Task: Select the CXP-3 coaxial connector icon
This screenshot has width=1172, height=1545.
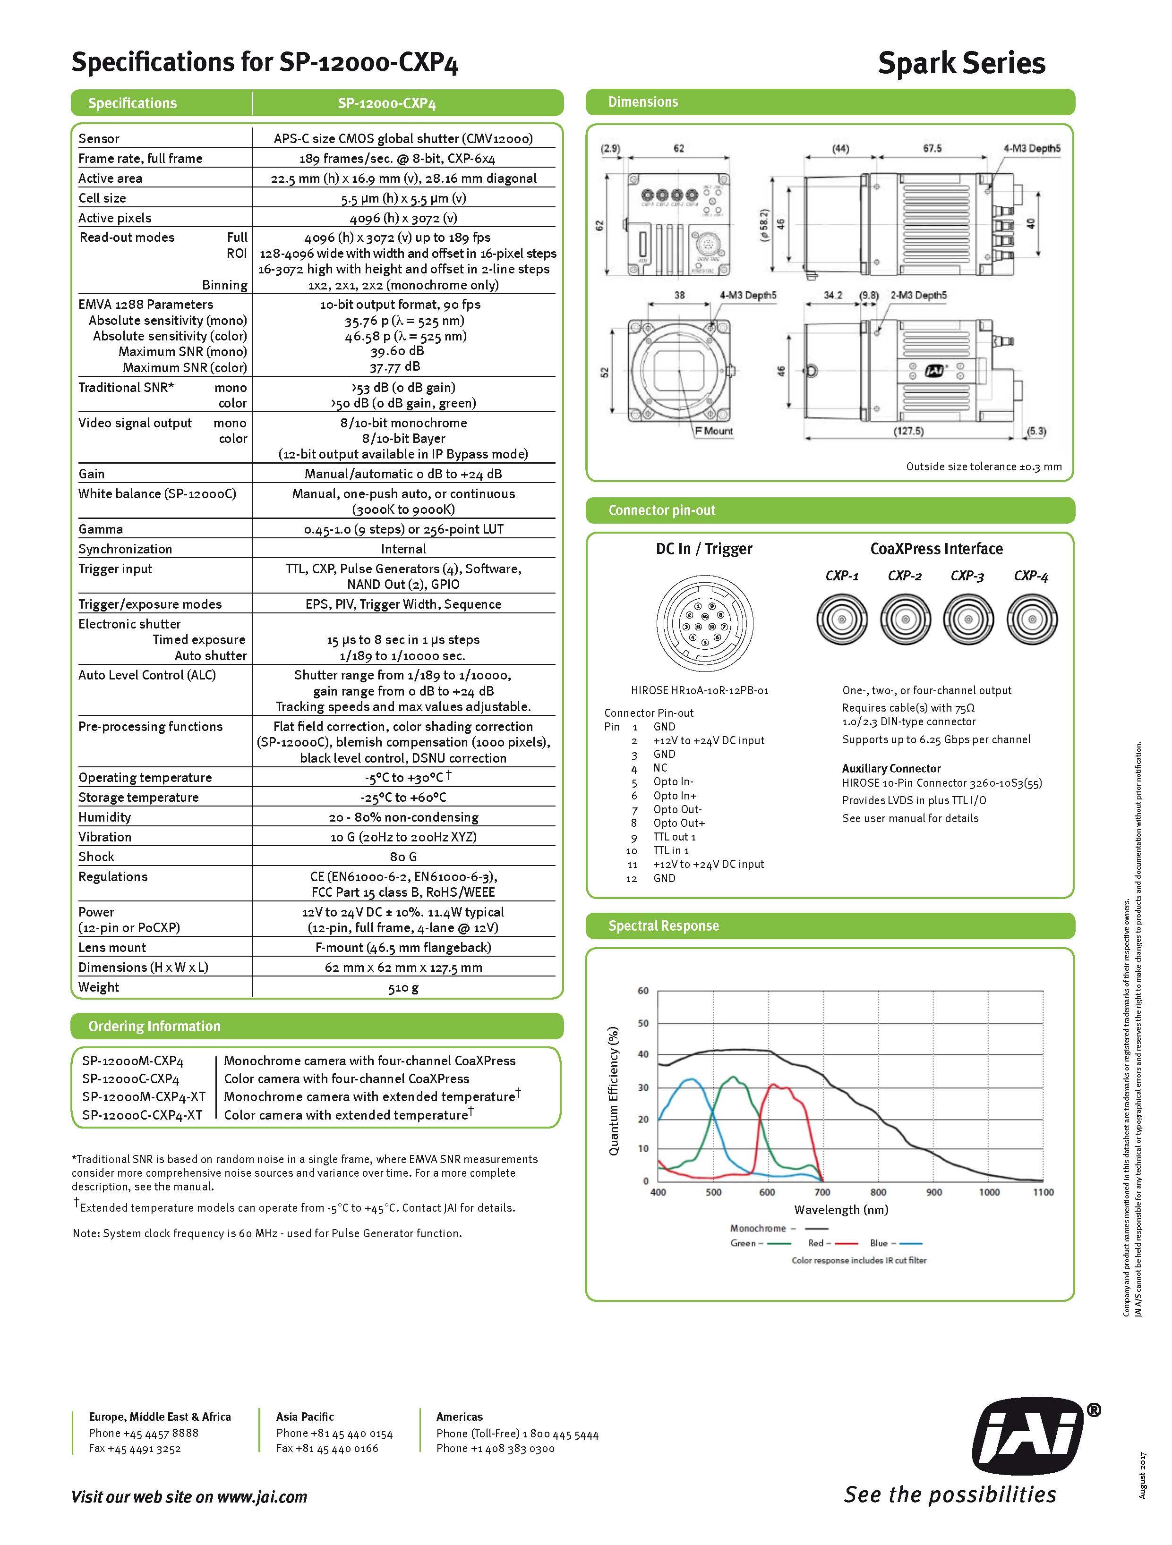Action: pyautogui.click(x=968, y=619)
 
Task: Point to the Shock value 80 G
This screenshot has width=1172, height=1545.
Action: pyautogui.click(x=403, y=857)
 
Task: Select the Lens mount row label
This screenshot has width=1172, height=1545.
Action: pyautogui.click(x=112, y=948)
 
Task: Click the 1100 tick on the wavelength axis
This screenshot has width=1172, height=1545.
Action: pyautogui.click(x=1043, y=1192)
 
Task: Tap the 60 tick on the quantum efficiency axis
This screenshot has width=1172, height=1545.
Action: pyautogui.click(x=643, y=991)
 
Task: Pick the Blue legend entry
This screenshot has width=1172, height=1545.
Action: pyautogui.click(x=895, y=1243)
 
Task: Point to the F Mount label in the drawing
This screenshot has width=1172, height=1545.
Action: pyautogui.click(x=713, y=431)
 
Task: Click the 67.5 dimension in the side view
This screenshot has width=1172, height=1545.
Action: pyautogui.click(x=932, y=149)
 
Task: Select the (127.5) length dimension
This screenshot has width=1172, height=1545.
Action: pyautogui.click(x=908, y=431)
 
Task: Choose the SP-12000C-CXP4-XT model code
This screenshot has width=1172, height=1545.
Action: pyautogui.click(x=142, y=1115)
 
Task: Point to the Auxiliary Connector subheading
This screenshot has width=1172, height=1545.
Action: pyautogui.click(x=891, y=768)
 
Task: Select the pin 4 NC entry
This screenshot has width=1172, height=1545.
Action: pyautogui.click(x=660, y=768)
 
